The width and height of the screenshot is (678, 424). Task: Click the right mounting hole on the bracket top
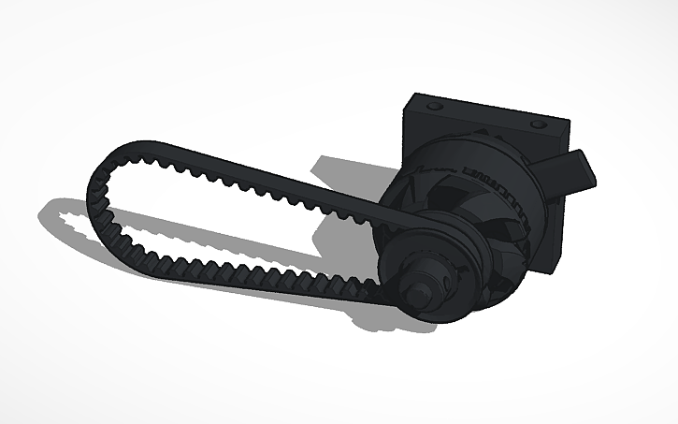[x=537, y=123]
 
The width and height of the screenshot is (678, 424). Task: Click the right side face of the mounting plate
[x=561, y=215]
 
